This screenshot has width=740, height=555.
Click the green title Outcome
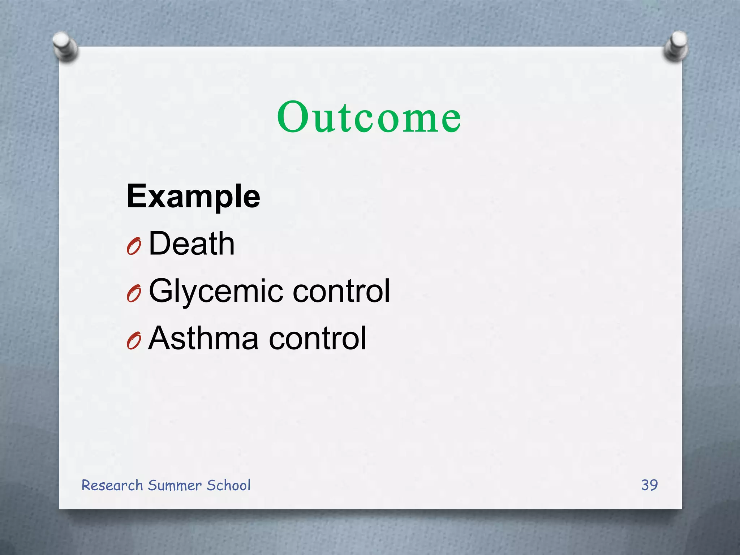(x=369, y=117)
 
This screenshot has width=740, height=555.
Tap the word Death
(x=192, y=244)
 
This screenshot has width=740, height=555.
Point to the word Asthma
(x=203, y=338)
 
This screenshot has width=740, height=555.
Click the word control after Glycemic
(x=341, y=291)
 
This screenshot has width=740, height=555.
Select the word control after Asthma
(x=318, y=338)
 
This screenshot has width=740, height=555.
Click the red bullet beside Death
(x=133, y=247)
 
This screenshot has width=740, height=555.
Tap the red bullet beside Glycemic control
(x=133, y=294)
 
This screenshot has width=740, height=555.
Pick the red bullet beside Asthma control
(x=133, y=341)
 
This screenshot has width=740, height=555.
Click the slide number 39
(x=649, y=485)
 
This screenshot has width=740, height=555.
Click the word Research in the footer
(x=112, y=485)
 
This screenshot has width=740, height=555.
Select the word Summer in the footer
(x=175, y=485)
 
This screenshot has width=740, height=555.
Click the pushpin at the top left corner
(x=65, y=46)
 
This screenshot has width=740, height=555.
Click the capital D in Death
(x=159, y=244)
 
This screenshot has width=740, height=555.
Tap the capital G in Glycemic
(x=162, y=291)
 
